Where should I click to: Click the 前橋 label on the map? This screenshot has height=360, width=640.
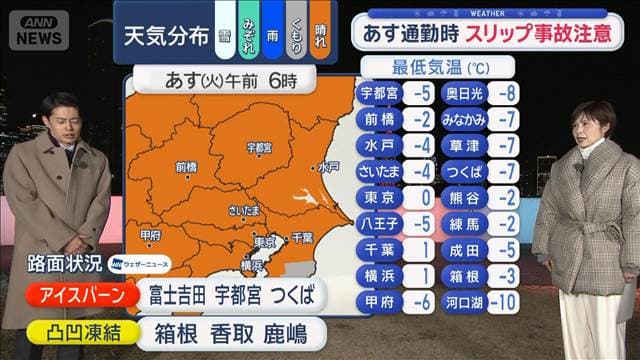coord(186,167)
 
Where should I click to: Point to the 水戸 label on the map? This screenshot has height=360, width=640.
coord(328,167)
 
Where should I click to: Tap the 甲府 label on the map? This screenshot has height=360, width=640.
coord(151,235)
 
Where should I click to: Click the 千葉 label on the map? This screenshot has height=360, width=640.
coord(302,238)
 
